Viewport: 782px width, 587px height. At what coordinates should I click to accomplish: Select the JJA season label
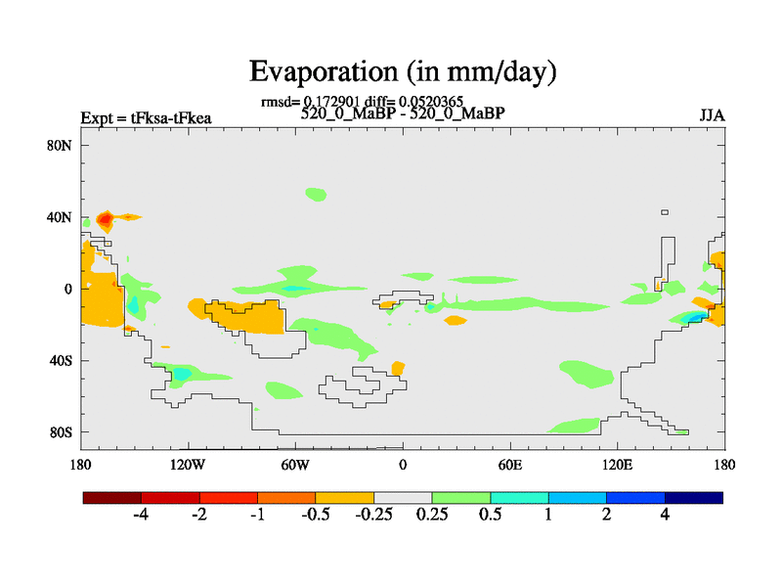click(x=711, y=115)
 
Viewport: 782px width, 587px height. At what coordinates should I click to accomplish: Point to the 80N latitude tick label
click(x=62, y=146)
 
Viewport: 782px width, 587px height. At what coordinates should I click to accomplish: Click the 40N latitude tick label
click(x=62, y=217)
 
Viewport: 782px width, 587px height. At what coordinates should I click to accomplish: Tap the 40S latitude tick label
click(x=62, y=360)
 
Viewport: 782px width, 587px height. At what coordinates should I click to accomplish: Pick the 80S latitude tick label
click(x=62, y=431)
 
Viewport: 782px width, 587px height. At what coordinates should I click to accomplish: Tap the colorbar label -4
click(x=139, y=515)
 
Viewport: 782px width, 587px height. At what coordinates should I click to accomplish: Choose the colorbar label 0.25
click(x=432, y=515)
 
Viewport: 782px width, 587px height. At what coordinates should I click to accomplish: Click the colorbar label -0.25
click(x=371, y=515)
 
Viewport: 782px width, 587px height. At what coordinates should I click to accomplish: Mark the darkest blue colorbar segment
click(x=694, y=497)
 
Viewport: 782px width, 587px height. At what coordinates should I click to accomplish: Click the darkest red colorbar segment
click(x=112, y=497)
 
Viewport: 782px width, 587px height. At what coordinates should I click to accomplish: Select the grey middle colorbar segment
click(x=403, y=497)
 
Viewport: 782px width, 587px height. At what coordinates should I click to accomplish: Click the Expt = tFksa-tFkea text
click(x=147, y=119)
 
